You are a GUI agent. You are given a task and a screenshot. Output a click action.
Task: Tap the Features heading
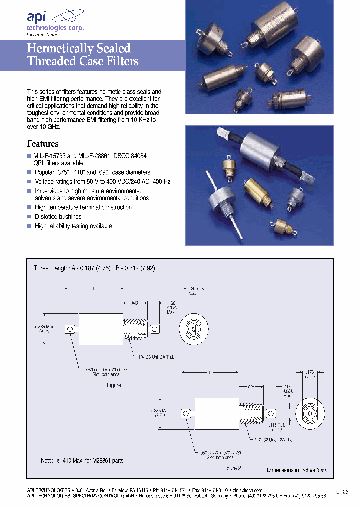pyautogui.click(x=42, y=143)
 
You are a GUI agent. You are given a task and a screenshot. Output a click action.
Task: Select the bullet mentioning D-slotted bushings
pyautogui.click(x=58, y=217)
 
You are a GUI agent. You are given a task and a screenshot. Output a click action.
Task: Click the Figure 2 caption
pyautogui.click(x=231, y=468)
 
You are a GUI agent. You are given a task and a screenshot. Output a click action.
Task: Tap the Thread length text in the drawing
pyautogui.click(x=51, y=268)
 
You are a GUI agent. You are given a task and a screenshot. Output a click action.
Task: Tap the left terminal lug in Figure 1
pyautogui.click(x=69, y=329)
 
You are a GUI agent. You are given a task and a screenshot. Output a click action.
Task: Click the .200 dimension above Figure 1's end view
pyautogui.click(x=194, y=289)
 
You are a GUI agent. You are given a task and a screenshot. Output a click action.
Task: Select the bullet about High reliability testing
pyautogui.click(x=73, y=226)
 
